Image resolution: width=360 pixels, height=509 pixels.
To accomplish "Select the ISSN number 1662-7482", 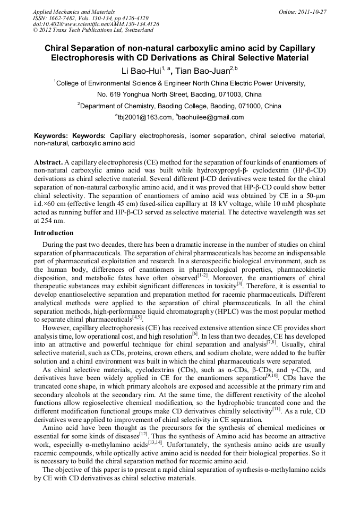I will [x=61, y=18].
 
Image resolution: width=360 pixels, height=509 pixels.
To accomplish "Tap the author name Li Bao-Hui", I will [x=139, y=70].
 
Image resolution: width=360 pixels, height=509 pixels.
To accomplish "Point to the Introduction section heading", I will [x=54, y=233].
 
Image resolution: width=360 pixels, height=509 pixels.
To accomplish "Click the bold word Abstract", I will [x=48, y=161].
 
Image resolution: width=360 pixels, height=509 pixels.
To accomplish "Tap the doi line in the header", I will [x=96, y=24].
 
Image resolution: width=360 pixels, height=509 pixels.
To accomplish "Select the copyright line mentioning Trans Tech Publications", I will [x=92, y=30].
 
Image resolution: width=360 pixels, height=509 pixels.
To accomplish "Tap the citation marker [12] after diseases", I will [x=143, y=418].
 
